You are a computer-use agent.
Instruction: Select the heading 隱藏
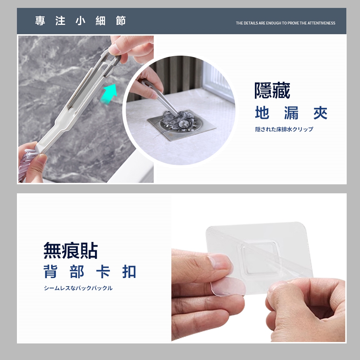point(272,90)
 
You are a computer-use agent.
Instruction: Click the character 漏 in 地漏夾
point(291,113)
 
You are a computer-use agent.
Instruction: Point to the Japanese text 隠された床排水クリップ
point(284,129)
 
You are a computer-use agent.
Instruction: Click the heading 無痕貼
point(71,250)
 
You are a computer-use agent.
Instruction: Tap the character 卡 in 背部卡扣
point(103,271)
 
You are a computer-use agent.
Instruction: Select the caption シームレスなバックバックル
point(78,288)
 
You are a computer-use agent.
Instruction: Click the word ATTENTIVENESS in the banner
point(321,23)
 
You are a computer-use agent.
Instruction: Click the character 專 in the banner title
point(40,21)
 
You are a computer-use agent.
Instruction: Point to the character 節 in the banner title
point(121,21)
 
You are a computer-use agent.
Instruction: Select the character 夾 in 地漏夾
point(320,113)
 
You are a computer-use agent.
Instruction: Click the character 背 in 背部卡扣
point(50,271)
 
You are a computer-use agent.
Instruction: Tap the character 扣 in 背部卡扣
point(129,271)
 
